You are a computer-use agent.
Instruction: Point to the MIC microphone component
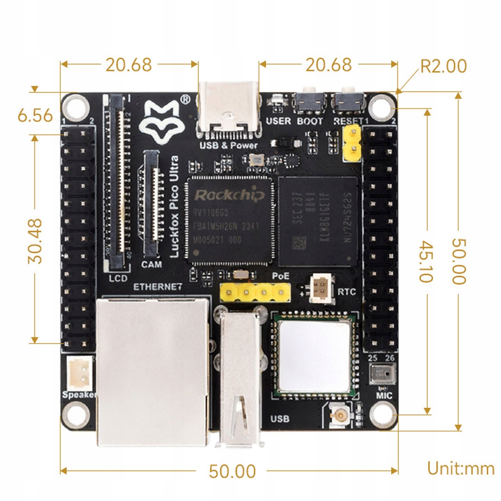pyautogui.click(x=382, y=373)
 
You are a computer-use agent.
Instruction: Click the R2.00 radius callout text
pyautogui.click(x=443, y=66)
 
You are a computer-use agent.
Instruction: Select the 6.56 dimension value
pyautogui.click(x=35, y=116)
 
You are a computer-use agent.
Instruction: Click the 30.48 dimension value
pyautogui.click(x=35, y=241)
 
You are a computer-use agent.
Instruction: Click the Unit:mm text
pyautogui.click(x=461, y=469)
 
